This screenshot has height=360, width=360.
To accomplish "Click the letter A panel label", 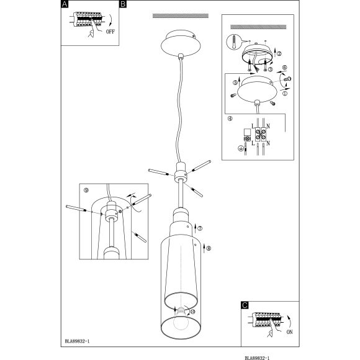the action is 65,4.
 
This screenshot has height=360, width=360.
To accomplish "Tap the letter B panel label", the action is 123,4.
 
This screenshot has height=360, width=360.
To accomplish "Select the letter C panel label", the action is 245,305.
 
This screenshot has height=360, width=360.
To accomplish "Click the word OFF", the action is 110,32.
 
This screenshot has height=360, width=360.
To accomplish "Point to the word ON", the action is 289,332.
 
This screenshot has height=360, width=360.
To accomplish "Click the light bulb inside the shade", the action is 181,318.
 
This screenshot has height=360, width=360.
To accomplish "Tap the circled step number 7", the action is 200,228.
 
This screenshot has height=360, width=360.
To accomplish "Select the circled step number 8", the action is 209,248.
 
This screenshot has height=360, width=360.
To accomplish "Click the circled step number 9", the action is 86,190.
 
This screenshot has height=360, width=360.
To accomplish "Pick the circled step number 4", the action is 230,119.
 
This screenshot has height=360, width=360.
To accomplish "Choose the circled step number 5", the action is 235,83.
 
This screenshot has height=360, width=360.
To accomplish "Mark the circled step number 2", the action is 279,54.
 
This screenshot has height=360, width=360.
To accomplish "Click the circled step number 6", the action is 284,68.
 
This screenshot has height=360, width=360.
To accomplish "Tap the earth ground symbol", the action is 240,148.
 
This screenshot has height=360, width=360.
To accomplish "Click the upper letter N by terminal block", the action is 268,126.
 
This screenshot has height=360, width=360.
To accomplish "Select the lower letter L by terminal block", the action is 253,143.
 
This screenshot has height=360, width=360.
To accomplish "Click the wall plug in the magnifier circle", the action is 233,42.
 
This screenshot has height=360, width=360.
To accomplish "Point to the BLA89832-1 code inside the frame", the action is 77,341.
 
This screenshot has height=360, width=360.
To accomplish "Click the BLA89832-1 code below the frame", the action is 257,358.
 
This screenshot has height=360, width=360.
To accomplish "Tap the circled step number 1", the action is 285,94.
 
